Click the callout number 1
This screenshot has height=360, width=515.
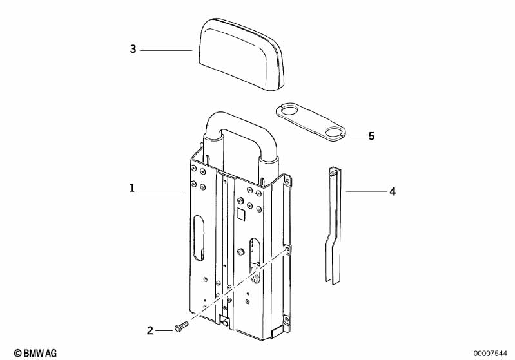click(x=131, y=189)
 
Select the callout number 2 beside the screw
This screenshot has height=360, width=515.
click(x=150, y=330)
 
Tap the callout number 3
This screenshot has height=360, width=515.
click(x=133, y=49)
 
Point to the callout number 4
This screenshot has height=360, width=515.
click(x=391, y=191)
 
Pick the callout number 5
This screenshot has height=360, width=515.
click(x=371, y=136)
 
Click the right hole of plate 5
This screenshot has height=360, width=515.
click(x=334, y=133)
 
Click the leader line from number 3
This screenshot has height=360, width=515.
click(x=166, y=50)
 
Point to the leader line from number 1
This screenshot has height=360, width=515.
click(x=160, y=190)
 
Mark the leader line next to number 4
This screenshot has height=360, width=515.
click(x=365, y=191)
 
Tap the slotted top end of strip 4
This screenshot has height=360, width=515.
click(x=333, y=172)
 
